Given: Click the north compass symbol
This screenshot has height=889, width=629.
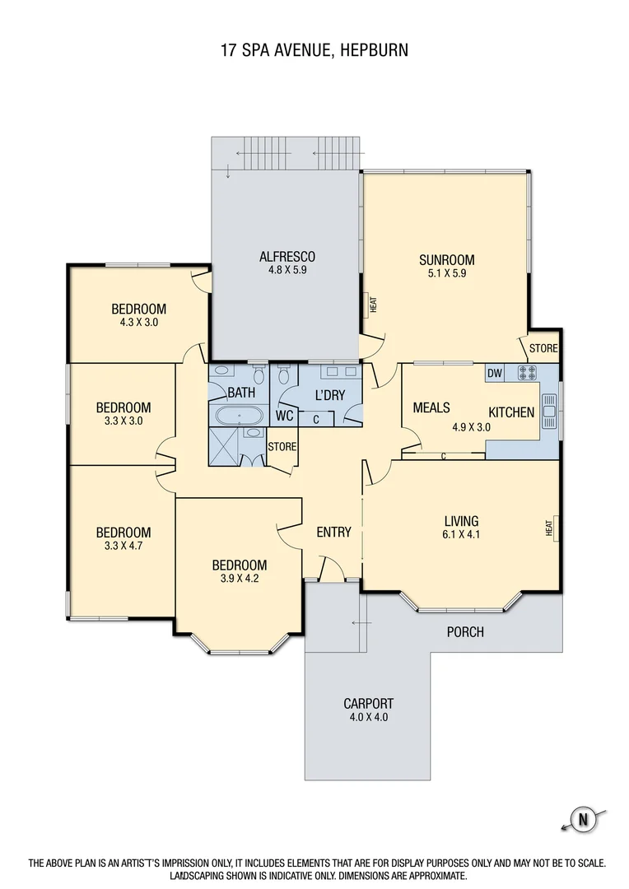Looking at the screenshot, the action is click(583, 819).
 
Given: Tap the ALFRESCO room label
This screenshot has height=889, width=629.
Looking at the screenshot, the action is click(287, 257).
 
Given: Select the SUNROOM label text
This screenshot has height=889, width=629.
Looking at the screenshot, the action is click(447, 260).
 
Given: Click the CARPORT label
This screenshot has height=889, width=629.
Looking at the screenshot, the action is click(369, 704).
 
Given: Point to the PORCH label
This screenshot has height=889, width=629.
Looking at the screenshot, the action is click(465, 631).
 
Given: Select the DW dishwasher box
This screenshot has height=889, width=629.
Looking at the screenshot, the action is click(495, 373).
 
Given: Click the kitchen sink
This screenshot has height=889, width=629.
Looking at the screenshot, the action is click(548, 411).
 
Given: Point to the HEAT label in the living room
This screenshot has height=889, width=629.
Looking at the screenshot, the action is click(549, 528).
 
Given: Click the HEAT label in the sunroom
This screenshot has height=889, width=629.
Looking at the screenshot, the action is click(373, 305).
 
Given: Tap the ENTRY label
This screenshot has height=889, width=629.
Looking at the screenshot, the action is click(333, 532).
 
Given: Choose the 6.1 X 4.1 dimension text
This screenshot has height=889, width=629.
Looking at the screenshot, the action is click(461, 534).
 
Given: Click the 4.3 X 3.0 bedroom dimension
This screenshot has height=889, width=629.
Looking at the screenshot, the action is click(139, 322).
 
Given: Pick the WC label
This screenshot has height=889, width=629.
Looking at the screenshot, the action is click(285, 416).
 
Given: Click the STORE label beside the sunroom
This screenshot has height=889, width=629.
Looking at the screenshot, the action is click(543, 348).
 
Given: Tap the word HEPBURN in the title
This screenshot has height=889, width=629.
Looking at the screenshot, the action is click(375, 50).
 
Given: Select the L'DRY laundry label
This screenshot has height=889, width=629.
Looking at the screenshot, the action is click(330, 395).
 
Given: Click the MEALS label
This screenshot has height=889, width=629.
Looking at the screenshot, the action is click(431, 407).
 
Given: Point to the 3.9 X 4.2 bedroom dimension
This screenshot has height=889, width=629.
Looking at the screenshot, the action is click(240, 579).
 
